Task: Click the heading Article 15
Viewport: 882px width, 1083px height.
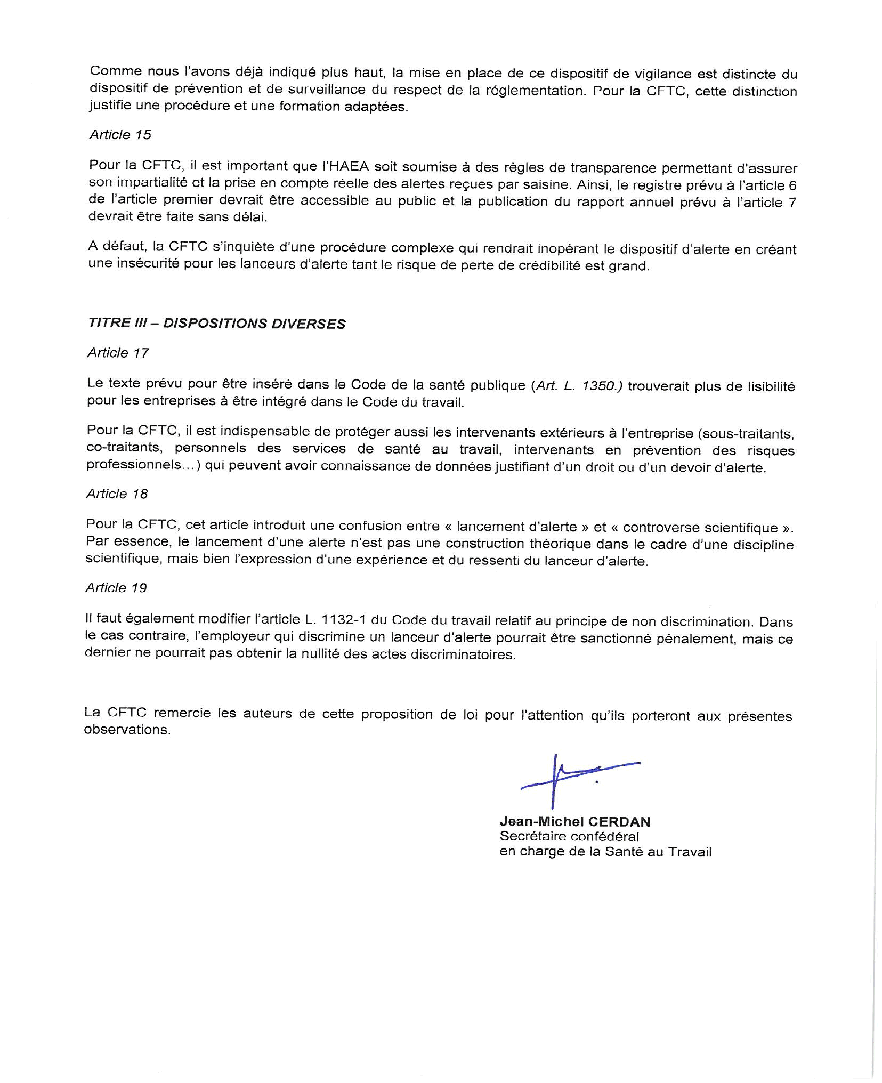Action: pyautogui.click(x=120, y=134)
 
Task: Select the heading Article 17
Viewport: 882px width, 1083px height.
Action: pyautogui.click(x=118, y=353)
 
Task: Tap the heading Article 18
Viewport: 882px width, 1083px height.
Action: pyautogui.click(x=117, y=494)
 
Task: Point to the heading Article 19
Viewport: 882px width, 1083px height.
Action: pyautogui.click(x=116, y=587)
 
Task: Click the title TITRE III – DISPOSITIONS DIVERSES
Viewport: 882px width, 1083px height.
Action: pyautogui.click(x=217, y=324)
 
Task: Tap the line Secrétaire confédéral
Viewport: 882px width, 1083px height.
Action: pyautogui.click(x=569, y=836)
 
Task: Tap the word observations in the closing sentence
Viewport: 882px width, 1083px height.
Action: pyautogui.click(x=127, y=730)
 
